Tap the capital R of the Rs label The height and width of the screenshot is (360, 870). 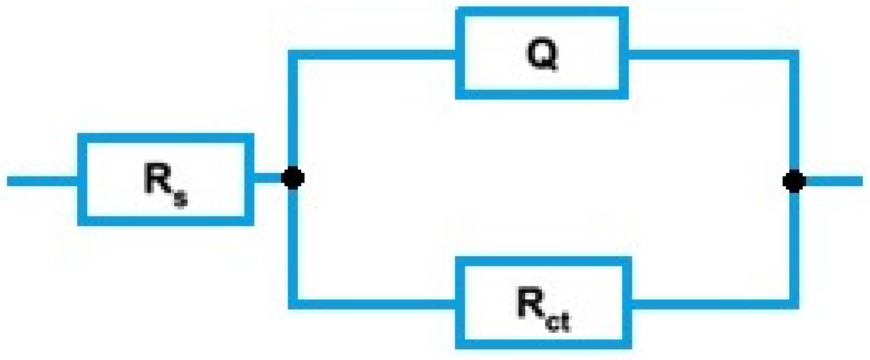pos(157,179)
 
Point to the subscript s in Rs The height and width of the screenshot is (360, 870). pos(180,198)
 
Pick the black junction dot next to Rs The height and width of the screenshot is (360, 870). pos(293,178)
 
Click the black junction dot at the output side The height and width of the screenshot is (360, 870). pos(794,181)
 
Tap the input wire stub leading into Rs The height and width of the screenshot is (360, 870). pos(42,181)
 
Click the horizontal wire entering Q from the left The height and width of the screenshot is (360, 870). pos(374,55)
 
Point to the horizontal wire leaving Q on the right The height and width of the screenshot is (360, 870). pos(709,55)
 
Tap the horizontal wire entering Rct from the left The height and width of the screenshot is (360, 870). pos(374,304)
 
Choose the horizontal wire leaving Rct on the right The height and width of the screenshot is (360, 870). pos(711,304)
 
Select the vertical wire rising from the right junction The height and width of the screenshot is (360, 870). pos(794,116)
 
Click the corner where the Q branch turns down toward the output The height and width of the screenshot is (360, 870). pos(794,55)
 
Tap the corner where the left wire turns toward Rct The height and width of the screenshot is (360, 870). pos(293,304)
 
